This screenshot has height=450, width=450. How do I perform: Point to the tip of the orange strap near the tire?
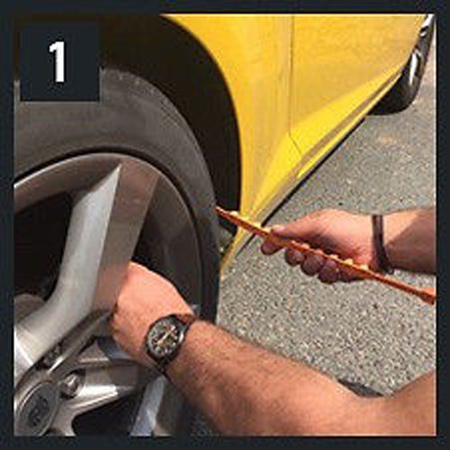pyautogui.click(x=217, y=209)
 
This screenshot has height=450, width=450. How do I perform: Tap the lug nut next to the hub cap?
pyautogui.click(x=69, y=385)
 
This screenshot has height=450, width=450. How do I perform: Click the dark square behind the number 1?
pyautogui.click(x=59, y=61)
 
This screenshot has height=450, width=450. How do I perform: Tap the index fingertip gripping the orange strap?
pyautogui.click(x=267, y=249)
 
